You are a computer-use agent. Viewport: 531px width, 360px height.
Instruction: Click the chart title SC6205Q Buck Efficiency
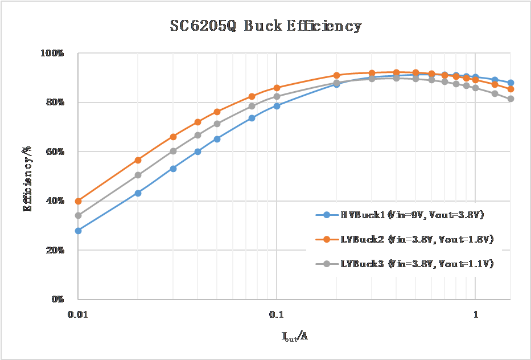pos(266,26)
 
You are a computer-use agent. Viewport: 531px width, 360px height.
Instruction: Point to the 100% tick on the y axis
pos(52,54)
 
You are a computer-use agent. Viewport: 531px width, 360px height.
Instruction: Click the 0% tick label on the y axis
pos(56,299)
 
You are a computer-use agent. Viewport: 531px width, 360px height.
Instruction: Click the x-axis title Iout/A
pos(295,337)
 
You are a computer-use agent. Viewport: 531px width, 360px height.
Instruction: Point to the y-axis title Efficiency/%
pos(27,176)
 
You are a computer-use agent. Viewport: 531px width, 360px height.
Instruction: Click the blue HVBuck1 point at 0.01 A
pos(78,231)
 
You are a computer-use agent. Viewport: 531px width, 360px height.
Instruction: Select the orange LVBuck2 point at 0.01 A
pos(78,201)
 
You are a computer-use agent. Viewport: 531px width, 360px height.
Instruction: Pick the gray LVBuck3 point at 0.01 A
pos(78,215)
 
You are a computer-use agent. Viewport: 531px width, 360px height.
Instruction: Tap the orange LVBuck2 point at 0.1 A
pos(277,88)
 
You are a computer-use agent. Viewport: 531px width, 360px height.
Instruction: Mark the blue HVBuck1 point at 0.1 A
pos(277,106)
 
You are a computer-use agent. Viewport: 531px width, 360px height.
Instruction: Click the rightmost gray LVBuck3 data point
pos(511,99)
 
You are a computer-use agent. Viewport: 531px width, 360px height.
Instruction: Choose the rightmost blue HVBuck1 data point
pos(511,83)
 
